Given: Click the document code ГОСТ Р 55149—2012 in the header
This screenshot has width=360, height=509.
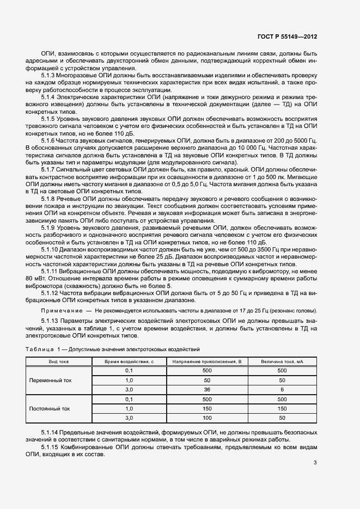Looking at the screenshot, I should click(287, 36).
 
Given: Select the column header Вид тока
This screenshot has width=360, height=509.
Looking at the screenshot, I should click(58, 361).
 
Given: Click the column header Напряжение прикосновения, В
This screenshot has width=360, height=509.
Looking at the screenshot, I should click(206, 361).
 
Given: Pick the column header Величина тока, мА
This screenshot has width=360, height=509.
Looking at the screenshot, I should click(282, 361).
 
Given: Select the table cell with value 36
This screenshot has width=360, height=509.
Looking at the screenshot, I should click(206, 389).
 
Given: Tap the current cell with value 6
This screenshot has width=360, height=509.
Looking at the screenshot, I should click(282, 389).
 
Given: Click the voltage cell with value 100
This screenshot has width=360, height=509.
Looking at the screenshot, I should click(206, 418).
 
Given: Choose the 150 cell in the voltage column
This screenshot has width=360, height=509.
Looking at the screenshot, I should click(206, 408).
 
